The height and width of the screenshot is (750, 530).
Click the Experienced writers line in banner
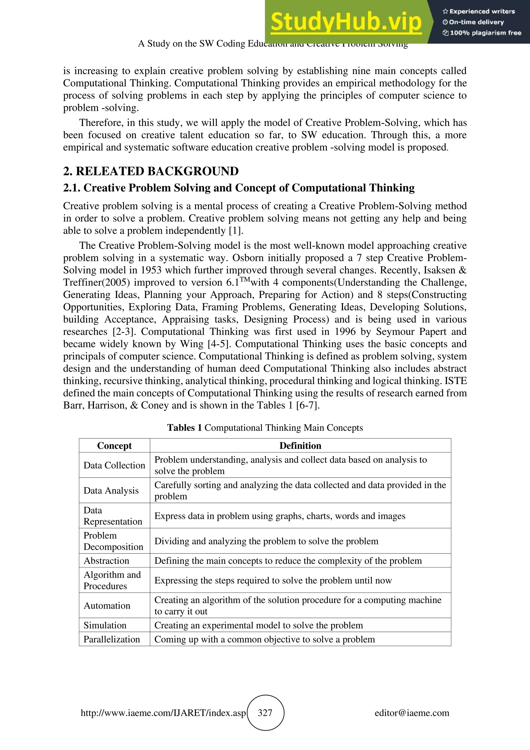pos(479,11)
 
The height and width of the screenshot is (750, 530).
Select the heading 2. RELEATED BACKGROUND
pos(151,171)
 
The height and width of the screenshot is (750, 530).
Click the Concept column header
pos(114,445)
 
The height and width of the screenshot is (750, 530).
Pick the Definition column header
pos(300,445)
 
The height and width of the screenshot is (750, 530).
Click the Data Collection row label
pos(114,465)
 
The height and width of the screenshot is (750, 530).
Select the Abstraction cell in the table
pos(106,560)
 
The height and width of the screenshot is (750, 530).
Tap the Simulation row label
pos(105,625)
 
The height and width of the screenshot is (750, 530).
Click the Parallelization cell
pos(112,639)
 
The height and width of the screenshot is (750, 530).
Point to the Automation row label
pos(107,605)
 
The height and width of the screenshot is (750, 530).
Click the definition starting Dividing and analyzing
pos(266,541)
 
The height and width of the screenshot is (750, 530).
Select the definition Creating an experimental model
pos(259,625)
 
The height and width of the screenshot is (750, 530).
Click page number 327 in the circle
pos(265,713)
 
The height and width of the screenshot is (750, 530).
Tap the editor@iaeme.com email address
pos(412,713)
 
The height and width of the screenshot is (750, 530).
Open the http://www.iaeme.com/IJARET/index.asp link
pos(163,713)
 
